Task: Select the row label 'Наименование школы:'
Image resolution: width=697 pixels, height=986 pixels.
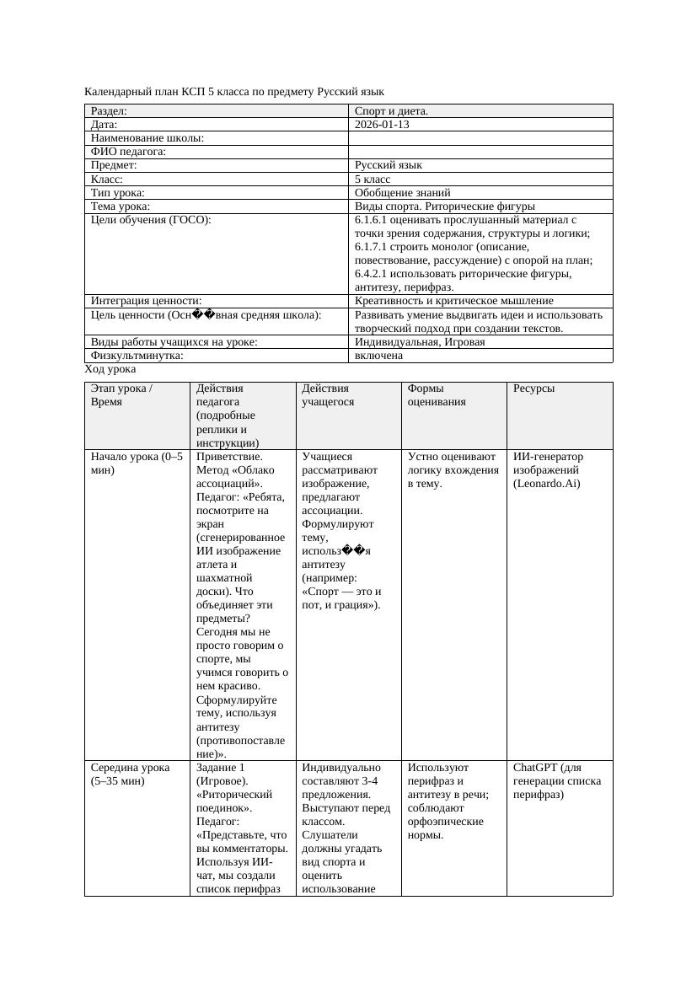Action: tap(147, 137)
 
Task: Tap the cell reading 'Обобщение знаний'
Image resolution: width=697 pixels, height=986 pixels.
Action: tap(403, 192)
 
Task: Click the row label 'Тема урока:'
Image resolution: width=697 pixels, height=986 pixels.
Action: tap(121, 206)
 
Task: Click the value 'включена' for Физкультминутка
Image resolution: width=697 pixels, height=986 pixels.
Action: tap(378, 356)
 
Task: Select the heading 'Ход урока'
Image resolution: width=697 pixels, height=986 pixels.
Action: tap(110, 369)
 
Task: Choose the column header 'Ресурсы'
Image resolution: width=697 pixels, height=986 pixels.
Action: tap(533, 389)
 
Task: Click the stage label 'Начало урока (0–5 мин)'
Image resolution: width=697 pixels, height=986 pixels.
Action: tap(136, 463)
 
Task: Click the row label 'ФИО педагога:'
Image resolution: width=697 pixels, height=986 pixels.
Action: tap(128, 152)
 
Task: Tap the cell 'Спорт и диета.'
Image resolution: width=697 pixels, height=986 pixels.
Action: tap(391, 110)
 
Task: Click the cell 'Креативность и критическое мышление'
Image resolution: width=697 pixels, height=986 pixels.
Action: tap(454, 301)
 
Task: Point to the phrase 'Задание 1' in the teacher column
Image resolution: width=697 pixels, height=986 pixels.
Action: tap(220, 768)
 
